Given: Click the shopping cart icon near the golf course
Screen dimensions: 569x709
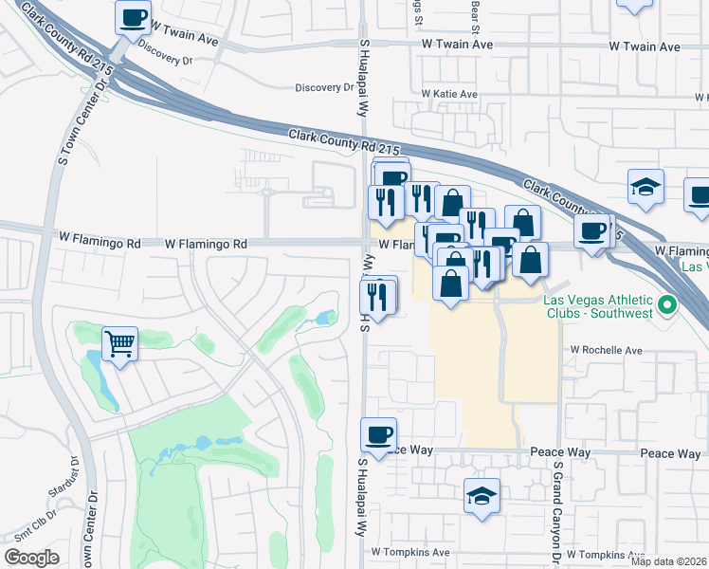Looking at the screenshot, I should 119,343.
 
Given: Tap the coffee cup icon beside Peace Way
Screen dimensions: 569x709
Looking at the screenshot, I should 378,434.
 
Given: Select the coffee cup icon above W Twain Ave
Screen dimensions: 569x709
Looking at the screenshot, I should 134,16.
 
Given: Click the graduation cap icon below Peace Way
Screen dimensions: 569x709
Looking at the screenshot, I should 482,495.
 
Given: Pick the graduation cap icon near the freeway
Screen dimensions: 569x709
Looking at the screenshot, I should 645,186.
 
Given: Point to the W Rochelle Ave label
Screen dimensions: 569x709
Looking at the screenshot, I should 606,350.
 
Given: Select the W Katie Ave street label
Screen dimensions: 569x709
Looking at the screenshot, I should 449,95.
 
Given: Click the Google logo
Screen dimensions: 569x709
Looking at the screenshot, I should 31,558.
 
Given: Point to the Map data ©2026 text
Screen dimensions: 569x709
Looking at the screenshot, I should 669,560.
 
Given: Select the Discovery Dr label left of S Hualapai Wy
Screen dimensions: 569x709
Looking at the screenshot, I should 323,87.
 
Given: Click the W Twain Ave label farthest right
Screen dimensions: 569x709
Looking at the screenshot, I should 645,46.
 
